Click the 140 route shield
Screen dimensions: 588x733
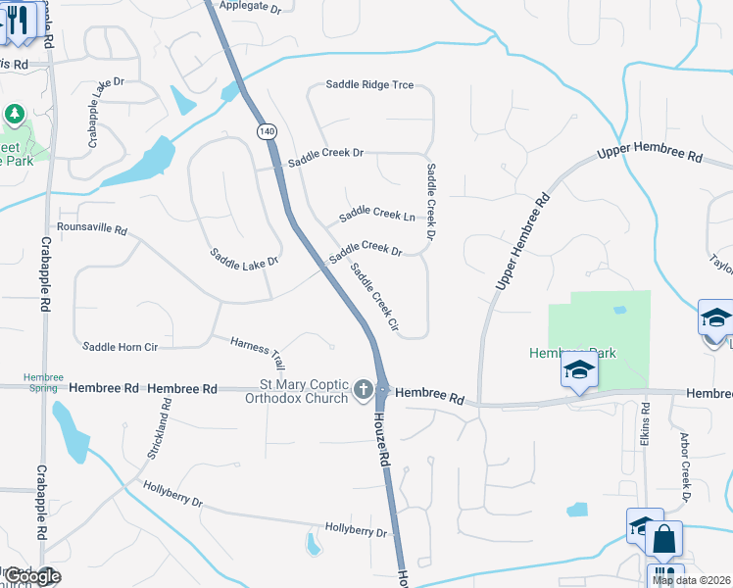[267, 130]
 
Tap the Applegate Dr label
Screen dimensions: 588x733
[250, 7]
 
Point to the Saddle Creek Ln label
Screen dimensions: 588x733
[377, 214]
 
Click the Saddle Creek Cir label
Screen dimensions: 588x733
[374, 298]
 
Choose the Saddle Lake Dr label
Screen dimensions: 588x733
[244, 259]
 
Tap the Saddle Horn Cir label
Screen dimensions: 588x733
[120, 346]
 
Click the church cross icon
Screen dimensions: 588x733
[363, 390]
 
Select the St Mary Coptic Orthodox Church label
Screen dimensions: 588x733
[303, 392]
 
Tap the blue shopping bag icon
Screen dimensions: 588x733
[663, 539]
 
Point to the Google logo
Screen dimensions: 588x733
[33, 577]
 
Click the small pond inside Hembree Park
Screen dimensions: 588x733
[619, 310]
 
